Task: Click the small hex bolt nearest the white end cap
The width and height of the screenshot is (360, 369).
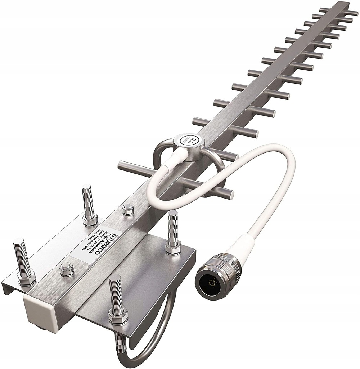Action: click(67, 268)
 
